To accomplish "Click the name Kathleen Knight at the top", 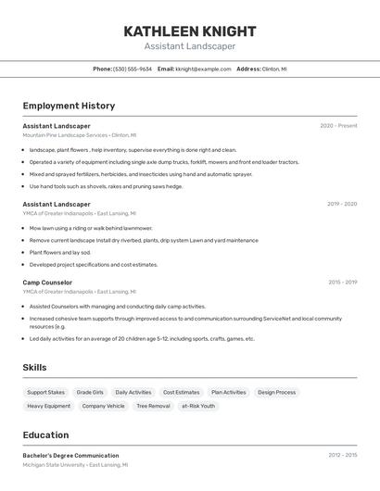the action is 190,31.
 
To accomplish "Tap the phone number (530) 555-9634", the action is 133,69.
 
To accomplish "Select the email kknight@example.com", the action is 203,69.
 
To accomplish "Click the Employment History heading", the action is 69,106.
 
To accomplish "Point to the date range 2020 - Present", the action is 338,125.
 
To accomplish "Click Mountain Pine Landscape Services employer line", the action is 79,135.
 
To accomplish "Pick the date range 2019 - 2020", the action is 341,204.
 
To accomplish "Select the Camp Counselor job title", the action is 47,282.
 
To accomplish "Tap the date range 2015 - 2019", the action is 342,282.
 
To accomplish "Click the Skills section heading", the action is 34,368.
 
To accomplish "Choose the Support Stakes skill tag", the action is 45,392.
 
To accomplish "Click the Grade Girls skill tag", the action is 90,392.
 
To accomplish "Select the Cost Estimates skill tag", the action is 181,392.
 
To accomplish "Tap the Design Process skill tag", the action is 276,392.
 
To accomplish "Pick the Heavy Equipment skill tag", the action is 48,406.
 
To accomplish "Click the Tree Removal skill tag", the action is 153,406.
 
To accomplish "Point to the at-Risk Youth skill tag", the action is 197,406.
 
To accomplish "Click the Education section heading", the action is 45,434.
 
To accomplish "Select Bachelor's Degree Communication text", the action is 70,455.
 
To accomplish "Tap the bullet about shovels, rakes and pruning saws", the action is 106,186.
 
